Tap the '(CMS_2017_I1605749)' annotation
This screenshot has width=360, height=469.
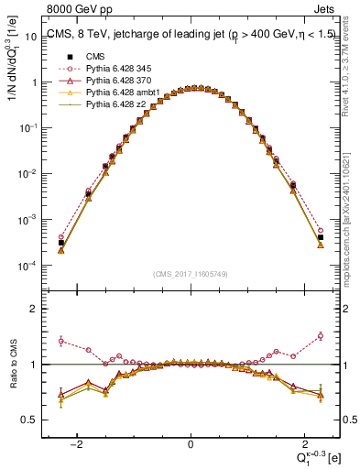click(x=190, y=274)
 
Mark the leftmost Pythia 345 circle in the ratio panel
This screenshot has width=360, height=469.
click(x=61, y=340)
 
